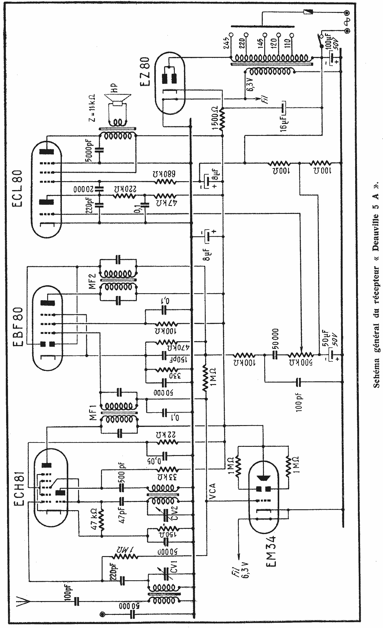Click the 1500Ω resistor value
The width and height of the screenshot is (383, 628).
tap(215, 117)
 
